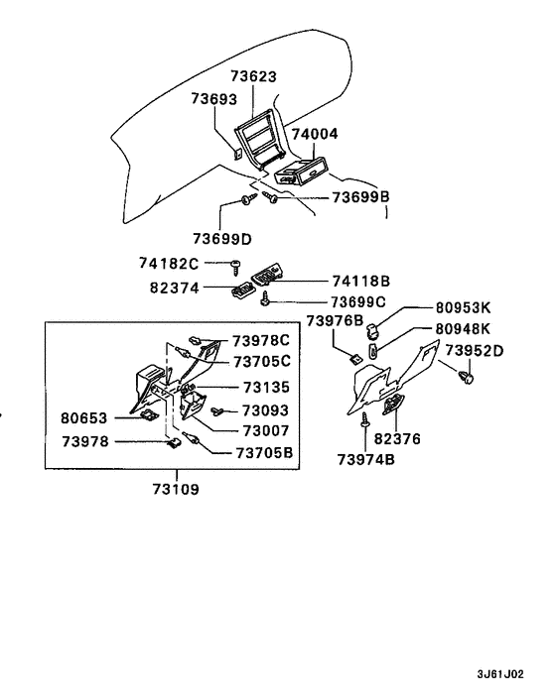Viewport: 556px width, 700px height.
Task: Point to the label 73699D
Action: pyautogui.click(x=221, y=238)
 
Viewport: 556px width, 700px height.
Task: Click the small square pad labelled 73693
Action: pyautogui.click(x=236, y=153)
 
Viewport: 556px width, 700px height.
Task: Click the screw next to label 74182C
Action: pyautogui.click(x=235, y=265)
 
